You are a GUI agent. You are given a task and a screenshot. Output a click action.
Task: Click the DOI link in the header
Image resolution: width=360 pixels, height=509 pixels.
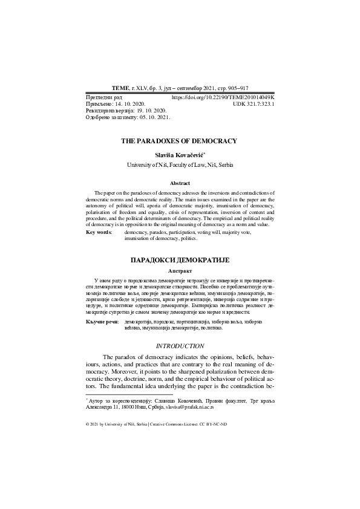[223, 97]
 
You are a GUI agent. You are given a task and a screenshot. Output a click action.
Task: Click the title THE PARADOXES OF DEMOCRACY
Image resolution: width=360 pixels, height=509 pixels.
[179, 141]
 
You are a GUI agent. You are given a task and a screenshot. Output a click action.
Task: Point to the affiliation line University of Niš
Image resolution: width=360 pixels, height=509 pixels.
[180, 165]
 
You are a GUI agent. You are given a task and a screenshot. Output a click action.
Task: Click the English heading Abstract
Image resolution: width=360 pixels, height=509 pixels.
[180, 183]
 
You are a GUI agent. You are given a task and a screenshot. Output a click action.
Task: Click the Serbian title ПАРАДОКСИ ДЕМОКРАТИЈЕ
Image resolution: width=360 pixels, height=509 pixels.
[180, 259]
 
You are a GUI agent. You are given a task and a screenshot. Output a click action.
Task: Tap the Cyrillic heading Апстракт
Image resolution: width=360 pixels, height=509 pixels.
[180, 271]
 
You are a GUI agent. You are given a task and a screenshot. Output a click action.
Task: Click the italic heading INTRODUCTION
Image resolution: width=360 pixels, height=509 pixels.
[180, 346]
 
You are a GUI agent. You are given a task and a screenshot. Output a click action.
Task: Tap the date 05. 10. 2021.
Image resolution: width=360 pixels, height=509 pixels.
[154, 118]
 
